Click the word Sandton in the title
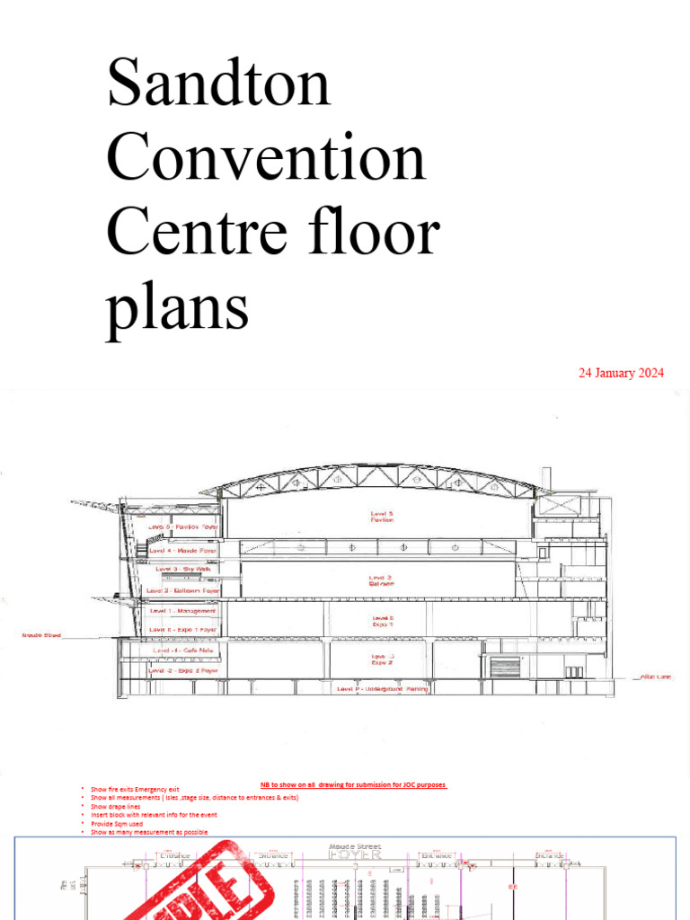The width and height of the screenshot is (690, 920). [x=218, y=84]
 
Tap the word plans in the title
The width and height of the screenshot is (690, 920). [x=177, y=307]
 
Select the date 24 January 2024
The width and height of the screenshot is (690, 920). [x=621, y=373]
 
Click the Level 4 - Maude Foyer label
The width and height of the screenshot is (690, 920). [x=183, y=550]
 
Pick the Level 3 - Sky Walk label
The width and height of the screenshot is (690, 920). [x=183, y=569]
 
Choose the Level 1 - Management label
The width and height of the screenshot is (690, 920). [x=183, y=611]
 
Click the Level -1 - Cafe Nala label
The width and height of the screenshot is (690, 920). [x=183, y=650]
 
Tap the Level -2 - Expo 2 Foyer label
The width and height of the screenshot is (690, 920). [x=183, y=670]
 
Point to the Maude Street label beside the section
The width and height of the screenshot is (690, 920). [x=41, y=635]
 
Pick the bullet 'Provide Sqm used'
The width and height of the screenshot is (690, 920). [x=117, y=824]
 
